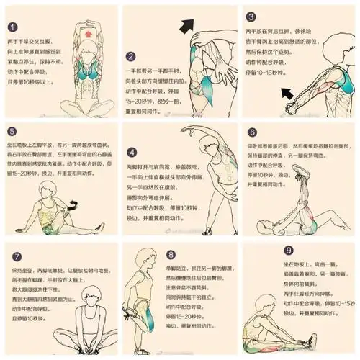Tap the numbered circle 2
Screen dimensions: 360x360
tap(131, 57)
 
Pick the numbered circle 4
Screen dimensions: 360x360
tap(131, 153)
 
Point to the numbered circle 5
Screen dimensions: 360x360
tap(12, 132)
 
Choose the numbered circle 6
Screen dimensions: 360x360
tap(252, 132)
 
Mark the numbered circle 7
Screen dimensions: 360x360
tap(17, 256)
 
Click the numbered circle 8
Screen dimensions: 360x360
tap(171, 255)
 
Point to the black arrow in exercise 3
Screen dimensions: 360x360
tap(290, 92)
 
